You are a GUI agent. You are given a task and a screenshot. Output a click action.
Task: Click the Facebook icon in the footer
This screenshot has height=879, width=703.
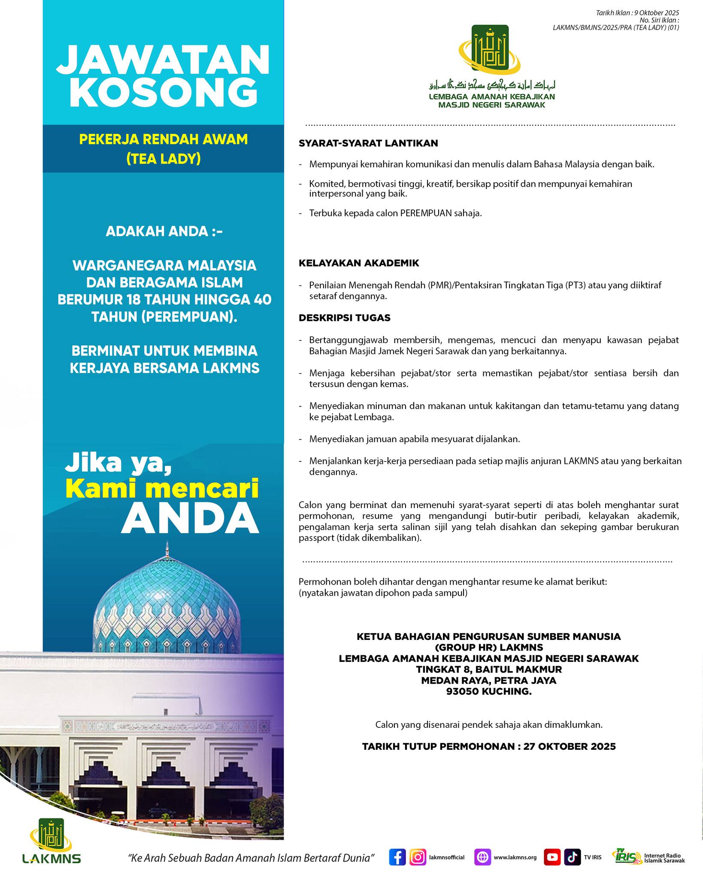(x=397, y=857)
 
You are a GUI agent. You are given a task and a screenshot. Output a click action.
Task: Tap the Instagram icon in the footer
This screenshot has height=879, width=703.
(x=418, y=857)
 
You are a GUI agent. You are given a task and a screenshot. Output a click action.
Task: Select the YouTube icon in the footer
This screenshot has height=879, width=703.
(x=552, y=857)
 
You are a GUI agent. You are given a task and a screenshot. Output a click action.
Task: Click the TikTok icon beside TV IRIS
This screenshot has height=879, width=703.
(x=573, y=857)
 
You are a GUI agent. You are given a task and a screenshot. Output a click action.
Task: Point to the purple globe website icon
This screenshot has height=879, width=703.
(x=483, y=857)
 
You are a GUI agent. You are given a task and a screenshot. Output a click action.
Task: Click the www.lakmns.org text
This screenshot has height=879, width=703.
(x=515, y=858)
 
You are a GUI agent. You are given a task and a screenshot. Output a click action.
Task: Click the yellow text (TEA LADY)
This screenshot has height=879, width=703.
(x=164, y=159)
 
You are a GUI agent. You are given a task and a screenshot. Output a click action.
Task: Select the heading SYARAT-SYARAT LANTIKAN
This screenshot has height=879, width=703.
(x=368, y=143)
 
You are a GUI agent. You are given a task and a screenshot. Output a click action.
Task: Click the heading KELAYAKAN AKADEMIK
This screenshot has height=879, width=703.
(x=359, y=263)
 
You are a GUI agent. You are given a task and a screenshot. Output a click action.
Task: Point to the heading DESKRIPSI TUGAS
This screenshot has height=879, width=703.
(x=345, y=318)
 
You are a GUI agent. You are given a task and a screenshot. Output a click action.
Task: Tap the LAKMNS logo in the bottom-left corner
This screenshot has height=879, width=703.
(x=51, y=841)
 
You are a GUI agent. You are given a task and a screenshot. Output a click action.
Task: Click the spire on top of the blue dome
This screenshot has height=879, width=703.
(x=167, y=549)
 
